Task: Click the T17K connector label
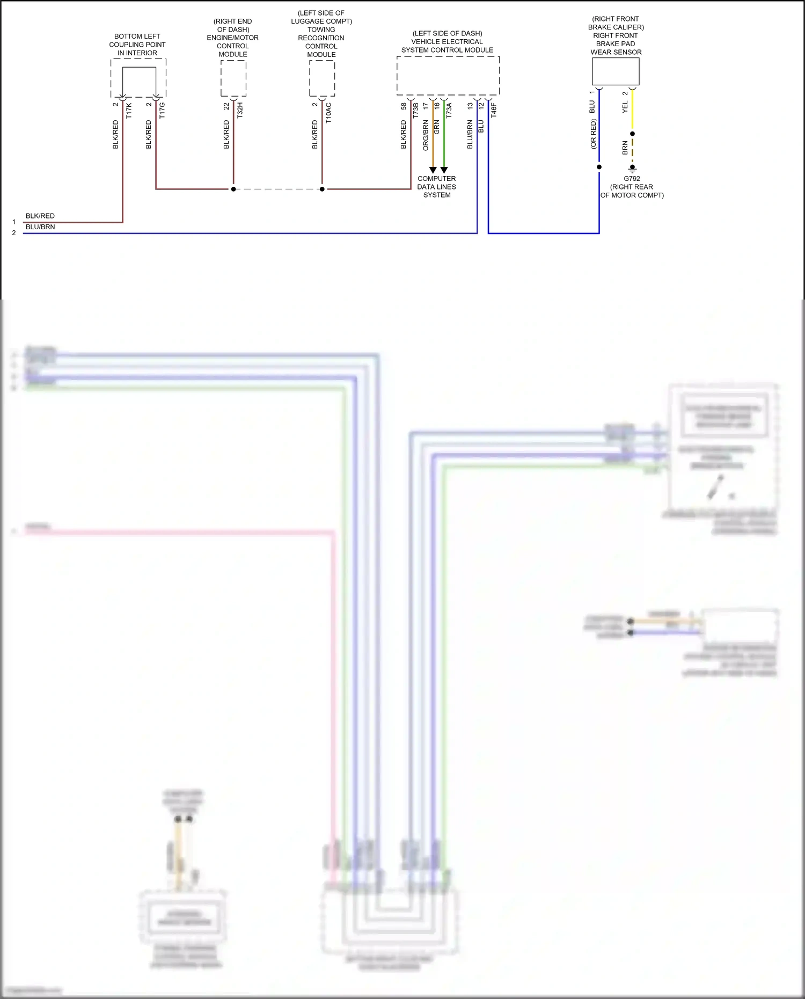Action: coord(129,111)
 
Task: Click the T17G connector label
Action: coord(162,111)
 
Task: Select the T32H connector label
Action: coord(240,110)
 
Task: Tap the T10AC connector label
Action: coord(328,113)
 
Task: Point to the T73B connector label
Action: coord(415,111)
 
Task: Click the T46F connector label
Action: coord(494,110)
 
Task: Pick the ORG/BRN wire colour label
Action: coord(426,135)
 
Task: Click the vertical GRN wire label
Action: coord(437,127)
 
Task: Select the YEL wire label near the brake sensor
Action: coord(625,107)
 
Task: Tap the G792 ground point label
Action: coord(632,179)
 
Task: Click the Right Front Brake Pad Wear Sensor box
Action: coord(616,71)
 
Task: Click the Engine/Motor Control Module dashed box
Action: coord(233,78)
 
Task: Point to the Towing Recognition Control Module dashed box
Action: coord(322,78)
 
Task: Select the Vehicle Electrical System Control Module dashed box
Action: coord(448,76)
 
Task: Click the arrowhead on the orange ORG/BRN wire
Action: coord(433,170)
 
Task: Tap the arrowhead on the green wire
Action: coord(444,170)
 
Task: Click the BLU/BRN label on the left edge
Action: coord(40,227)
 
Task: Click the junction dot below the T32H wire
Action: coord(233,189)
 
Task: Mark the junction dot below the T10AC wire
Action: coord(322,189)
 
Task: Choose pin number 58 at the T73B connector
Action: coord(404,106)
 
